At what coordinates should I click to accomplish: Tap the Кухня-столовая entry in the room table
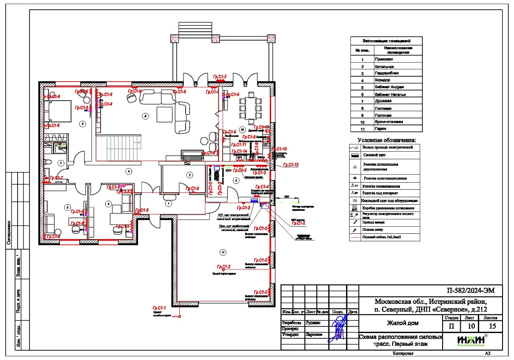[389, 122]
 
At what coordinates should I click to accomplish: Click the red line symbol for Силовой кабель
[355, 237]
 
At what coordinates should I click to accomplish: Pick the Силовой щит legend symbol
[355, 155]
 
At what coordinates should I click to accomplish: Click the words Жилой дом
[402, 323]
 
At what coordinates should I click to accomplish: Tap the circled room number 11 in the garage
[223, 252]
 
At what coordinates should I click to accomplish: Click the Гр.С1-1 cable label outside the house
[159, 307]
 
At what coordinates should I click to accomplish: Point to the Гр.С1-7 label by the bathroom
[56, 178]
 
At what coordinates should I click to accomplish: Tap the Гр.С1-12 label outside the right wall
[291, 165]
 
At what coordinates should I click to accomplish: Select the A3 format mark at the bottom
[487, 353]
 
